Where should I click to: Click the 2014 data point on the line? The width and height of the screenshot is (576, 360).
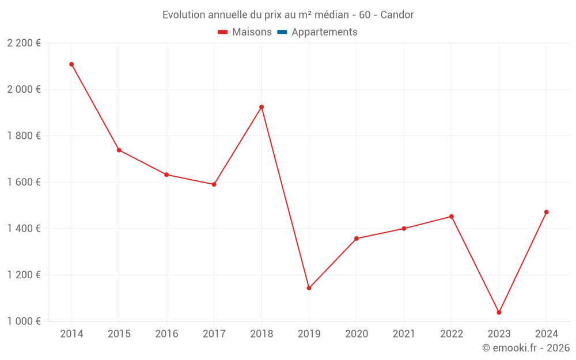click(71, 65)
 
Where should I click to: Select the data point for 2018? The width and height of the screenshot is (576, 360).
click(262, 107)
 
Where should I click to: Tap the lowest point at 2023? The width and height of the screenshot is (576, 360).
click(499, 312)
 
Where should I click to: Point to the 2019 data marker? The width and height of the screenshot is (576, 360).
click(309, 288)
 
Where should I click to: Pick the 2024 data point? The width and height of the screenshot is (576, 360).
click(546, 212)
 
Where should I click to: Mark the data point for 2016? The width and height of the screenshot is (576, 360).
click(166, 175)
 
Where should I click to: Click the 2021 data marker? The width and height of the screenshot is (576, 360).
click(404, 229)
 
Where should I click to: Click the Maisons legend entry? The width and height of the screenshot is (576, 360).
click(252, 32)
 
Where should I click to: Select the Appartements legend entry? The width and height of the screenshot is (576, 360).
click(324, 32)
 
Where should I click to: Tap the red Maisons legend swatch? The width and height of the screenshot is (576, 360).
click(223, 32)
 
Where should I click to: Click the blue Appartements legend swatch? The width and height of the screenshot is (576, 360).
click(282, 32)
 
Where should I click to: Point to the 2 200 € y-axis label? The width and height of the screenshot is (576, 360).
click(24, 43)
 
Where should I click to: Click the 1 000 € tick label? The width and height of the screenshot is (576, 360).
click(24, 321)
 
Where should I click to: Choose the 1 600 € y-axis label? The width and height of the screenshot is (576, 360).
click(24, 182)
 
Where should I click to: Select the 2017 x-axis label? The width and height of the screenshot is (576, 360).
click(214, 334)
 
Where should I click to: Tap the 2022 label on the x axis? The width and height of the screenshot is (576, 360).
click(451, 334)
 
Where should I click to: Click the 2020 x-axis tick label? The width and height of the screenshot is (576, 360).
click(356, 334)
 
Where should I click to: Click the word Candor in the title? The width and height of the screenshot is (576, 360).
click(397, 15)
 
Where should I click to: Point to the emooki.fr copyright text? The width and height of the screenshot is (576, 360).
click(526, 348)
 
